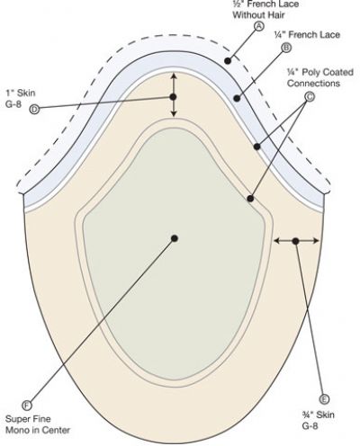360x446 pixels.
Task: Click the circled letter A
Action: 259,26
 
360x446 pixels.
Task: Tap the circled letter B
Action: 286,48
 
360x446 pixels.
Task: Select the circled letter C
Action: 310,97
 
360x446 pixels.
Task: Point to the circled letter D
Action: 34,110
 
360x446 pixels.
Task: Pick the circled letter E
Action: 324,399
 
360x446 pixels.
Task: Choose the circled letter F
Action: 27,406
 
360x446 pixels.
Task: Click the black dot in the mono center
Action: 175,238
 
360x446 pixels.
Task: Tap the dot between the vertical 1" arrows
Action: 173,97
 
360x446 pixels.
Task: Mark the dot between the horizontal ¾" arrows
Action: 295,241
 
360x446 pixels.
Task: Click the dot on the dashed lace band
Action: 228,61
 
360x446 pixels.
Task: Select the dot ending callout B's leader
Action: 237,98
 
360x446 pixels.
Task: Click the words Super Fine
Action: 28,419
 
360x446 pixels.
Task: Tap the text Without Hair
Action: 258,14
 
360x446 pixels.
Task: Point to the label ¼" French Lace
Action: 307,34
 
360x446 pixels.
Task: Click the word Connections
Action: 313,83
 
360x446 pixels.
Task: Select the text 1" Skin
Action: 21,93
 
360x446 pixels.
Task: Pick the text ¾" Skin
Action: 318,415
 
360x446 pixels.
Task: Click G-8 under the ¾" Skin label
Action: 310,426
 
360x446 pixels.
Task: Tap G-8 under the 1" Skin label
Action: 13,104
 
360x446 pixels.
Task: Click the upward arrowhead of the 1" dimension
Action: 174,76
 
